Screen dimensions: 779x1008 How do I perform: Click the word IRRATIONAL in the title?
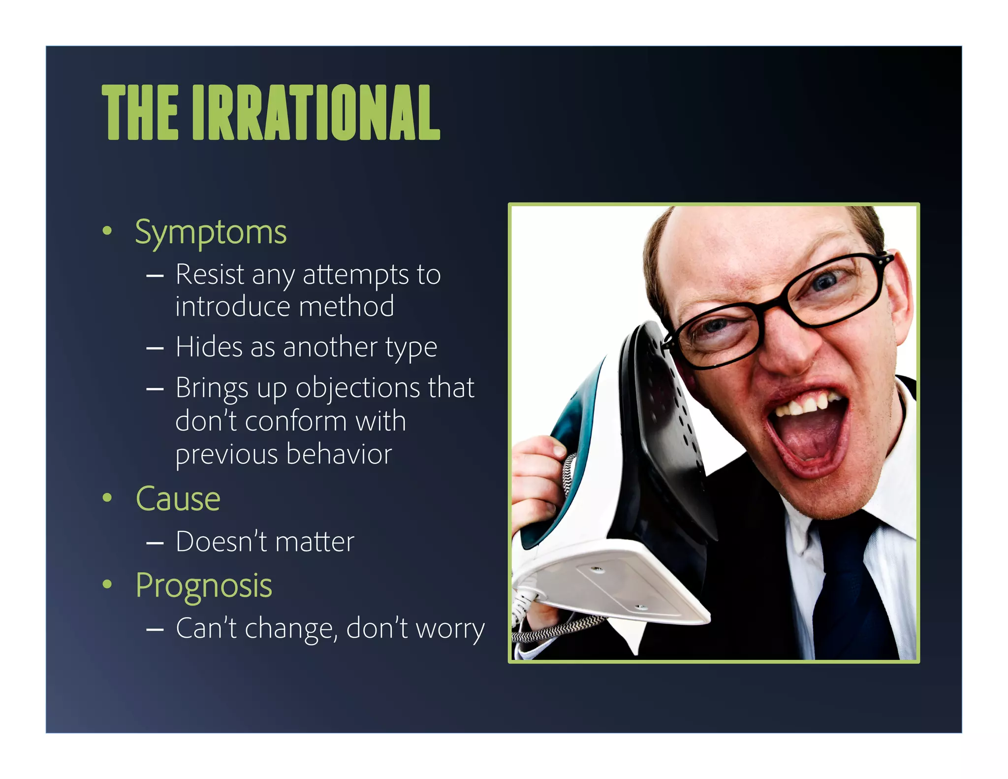(x=316, y=112)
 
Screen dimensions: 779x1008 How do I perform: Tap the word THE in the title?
(x=140, y=112)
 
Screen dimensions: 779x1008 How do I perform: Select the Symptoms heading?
(x=211, y=232)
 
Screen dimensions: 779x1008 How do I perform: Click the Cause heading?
(x=178, y=499)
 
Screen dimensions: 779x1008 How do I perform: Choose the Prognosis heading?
(x=203, y=585)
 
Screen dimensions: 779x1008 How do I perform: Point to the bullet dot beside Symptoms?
(x=107, y=230)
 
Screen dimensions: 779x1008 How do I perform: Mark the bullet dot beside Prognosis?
(x=107, y=584)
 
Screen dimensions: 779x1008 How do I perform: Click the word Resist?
(x=210, y=274)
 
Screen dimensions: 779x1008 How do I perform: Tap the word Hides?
(x=209, y=347)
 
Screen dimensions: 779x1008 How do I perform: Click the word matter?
(x=315, y=542)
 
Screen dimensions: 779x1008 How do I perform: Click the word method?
(x=346, y=306)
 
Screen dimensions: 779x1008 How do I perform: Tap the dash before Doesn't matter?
(x=155, y=543)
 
